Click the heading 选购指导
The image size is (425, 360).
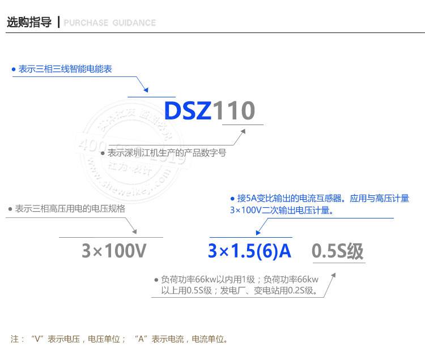pos(29,23)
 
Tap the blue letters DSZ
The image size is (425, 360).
pos(188,111)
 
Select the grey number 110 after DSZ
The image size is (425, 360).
pos(234,111)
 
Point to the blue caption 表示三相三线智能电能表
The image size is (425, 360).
pos(65,69)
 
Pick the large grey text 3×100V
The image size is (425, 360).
pos(114,250)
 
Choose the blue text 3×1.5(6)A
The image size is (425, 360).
pos(249,250)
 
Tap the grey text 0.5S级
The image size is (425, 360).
pos(338,250)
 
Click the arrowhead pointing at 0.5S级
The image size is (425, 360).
pos(333,275)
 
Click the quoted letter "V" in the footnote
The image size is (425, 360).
pos(39,340)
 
